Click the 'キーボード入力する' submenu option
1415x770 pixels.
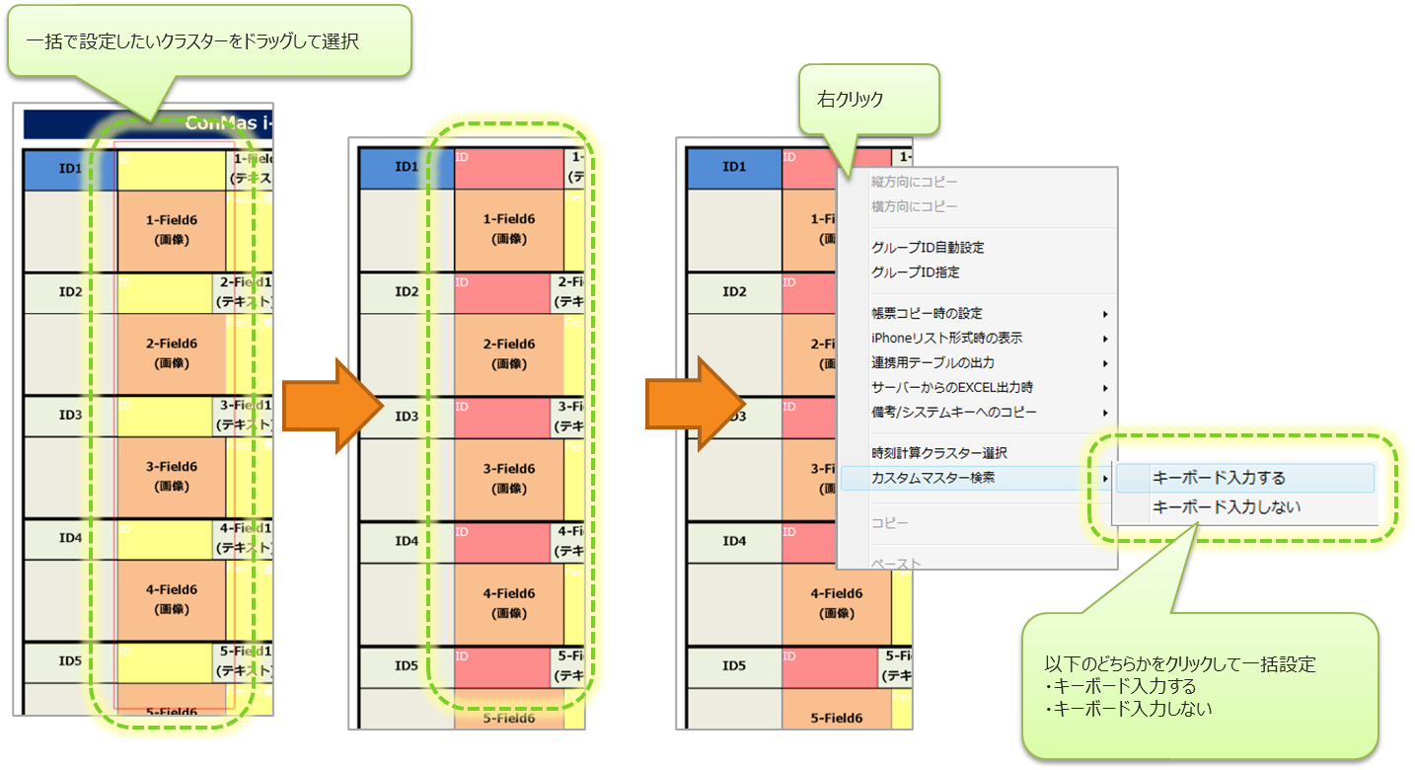pyautogui.click(x=1220, y=478)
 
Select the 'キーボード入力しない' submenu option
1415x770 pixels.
pyautogui.click(x=1227, y=507)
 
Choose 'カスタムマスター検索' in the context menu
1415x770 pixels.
pyautogui.click(x=932, y=478)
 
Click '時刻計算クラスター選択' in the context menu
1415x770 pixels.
pyautogui.click(x=938, y=453)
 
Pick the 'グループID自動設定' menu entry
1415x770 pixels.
pyautogui.click(x=928, y=248)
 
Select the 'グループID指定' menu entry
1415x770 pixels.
pyautogui.click(x=916, y=272)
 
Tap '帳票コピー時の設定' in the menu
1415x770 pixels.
pyautogui.click(x=927, y=314)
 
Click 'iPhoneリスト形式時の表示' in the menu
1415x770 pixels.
pyautogui.click(x=946, y=339)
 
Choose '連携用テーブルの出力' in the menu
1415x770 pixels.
pyautogui.click(x=932, y=363)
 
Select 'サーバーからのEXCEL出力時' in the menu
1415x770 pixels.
pyautogui.click(x=952, y=388)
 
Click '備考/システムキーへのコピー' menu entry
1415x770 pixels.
pyautogui.click(x=954, y=413)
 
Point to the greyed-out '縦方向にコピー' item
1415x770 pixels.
pyautogui.click(x=914, y=183)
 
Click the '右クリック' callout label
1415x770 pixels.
pyautogui.click(x=851, y=99)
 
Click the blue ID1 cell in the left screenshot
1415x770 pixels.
pyautogui.click(x=70, y=169)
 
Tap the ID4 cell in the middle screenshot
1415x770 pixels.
pyautogui.click(x=407, y=541)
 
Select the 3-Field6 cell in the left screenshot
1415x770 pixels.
pyautogui.click(x=172, y=476)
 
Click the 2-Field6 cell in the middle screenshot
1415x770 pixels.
pyautogui.click(x=509, y=353)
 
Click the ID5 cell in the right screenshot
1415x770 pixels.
pyautogui.click(x=733, y=666)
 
